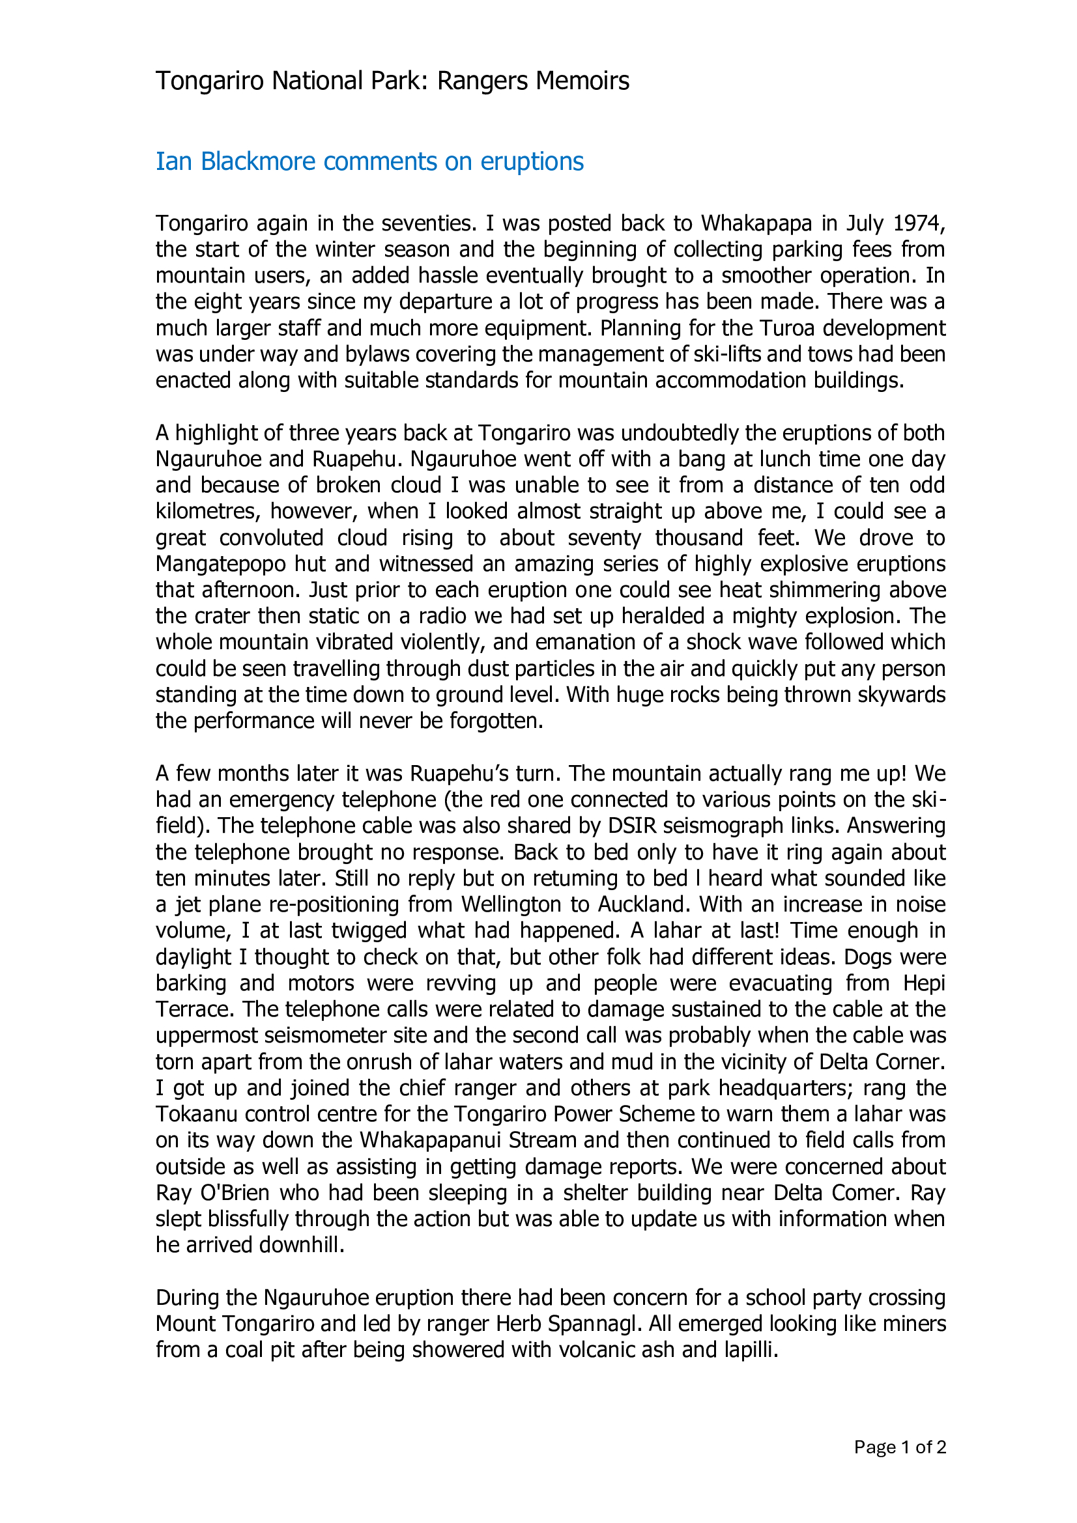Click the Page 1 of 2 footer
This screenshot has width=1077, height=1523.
point(899,1447)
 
